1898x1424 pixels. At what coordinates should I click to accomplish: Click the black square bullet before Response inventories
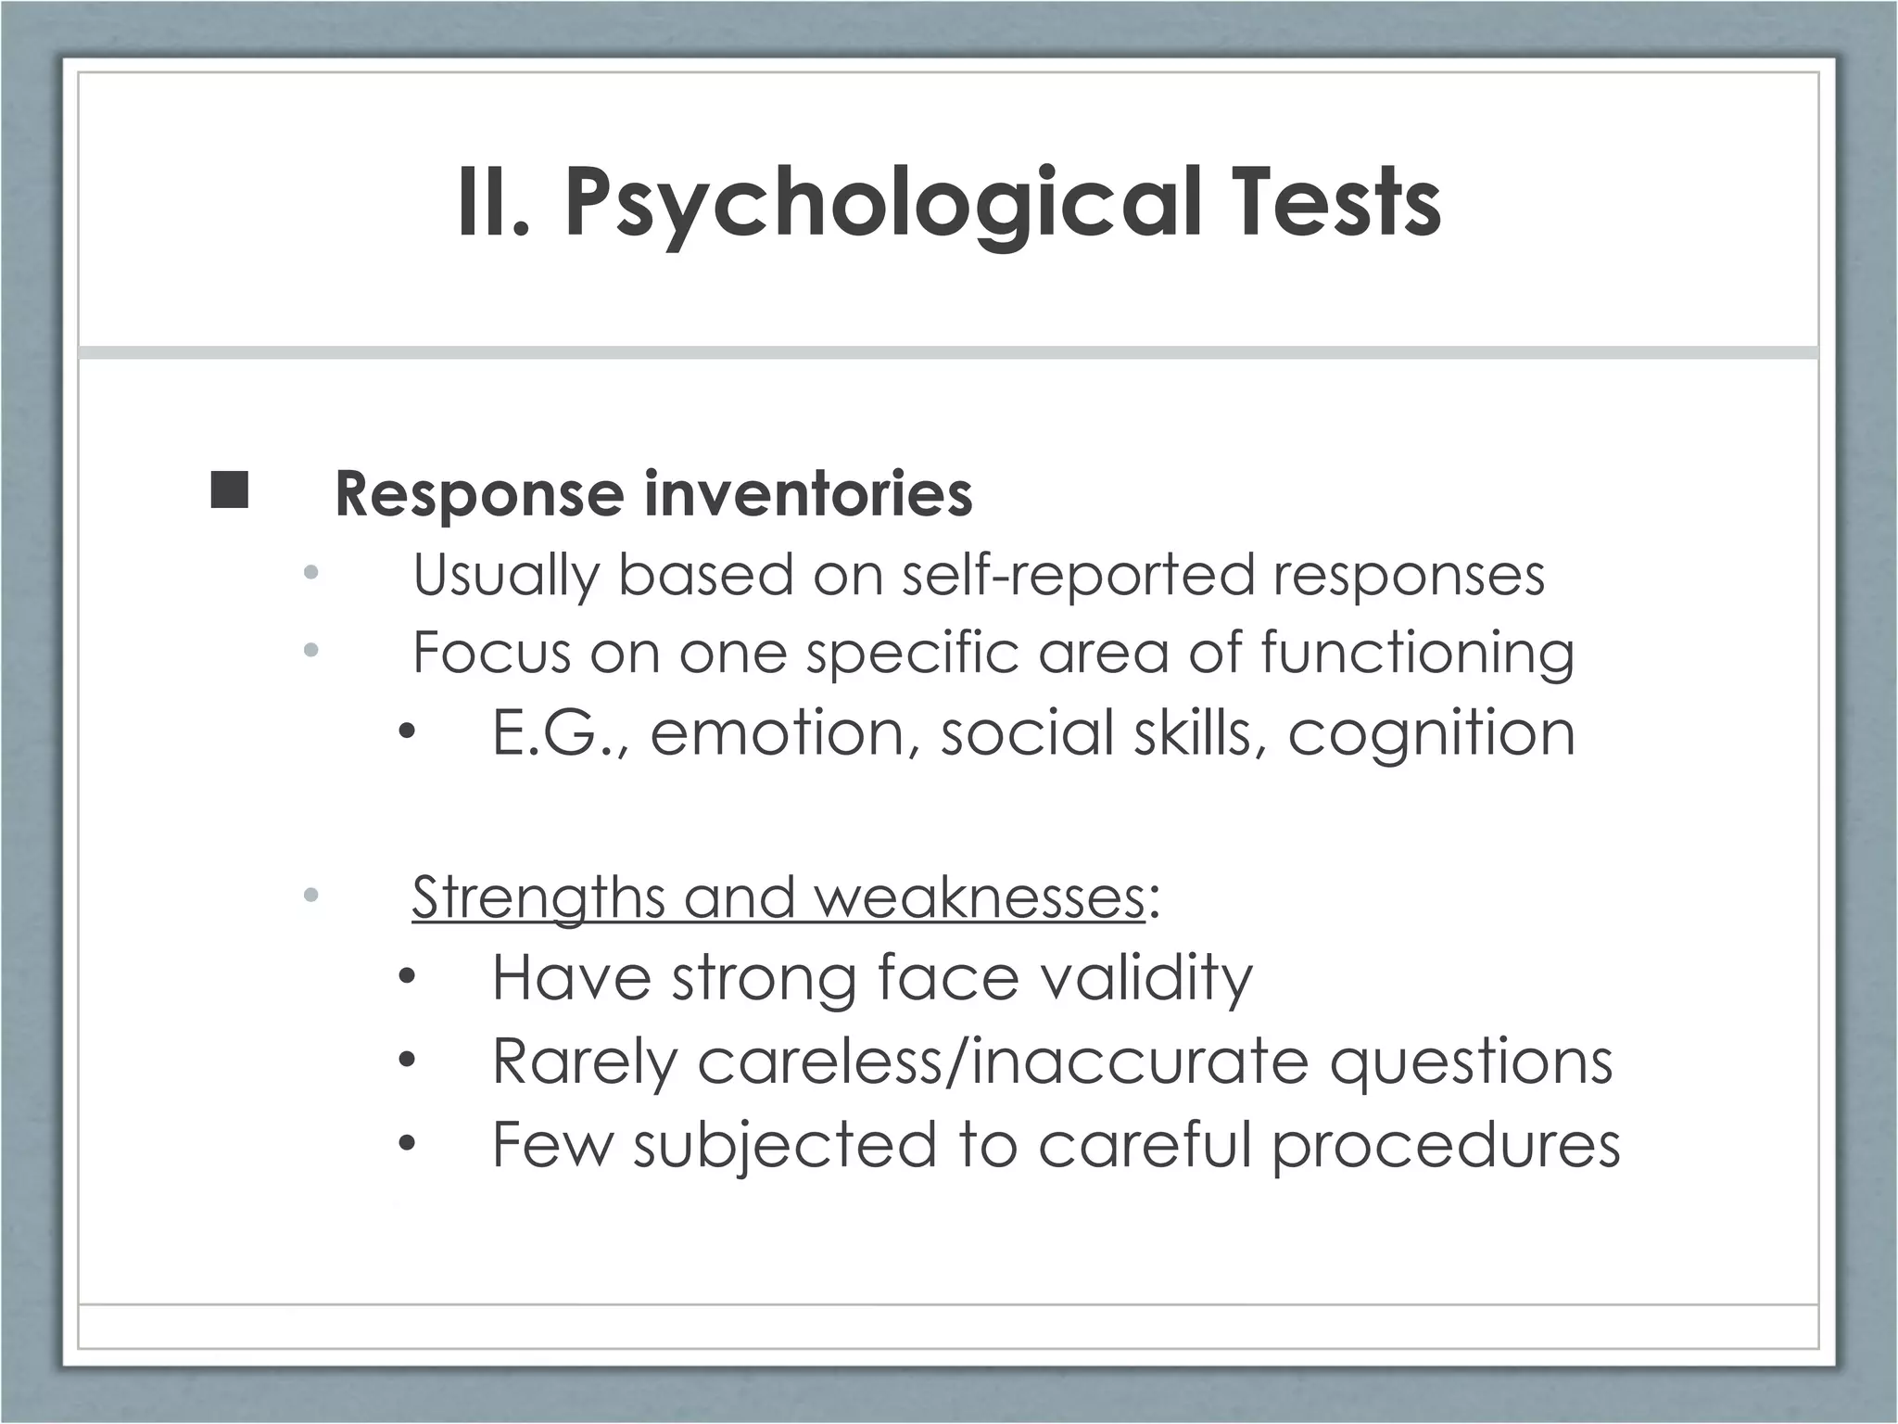229,490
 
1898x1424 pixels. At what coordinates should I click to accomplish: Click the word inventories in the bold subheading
808,493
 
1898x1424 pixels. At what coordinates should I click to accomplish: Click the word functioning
1417,653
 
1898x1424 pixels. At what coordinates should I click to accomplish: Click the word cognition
1431,733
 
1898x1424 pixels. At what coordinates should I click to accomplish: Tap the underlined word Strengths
538,898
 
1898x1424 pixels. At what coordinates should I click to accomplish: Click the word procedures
1445,1145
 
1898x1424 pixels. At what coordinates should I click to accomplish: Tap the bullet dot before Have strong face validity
407,978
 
